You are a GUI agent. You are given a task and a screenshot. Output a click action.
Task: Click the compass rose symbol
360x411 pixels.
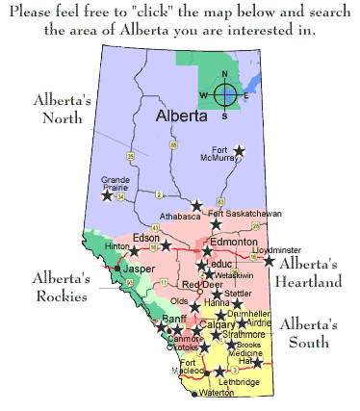(224, 94)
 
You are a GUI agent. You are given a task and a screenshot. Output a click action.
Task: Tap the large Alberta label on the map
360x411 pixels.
(183, 116)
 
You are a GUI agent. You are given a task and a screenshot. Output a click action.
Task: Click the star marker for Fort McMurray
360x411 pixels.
(240, 151)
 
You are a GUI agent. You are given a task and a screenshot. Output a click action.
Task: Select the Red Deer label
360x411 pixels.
(202, 284)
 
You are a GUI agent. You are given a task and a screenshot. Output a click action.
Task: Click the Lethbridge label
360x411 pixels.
(237, 382)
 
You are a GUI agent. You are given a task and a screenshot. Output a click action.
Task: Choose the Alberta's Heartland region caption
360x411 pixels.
(308, 272)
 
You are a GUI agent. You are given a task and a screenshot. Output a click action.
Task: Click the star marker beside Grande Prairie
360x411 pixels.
(107, 195)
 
